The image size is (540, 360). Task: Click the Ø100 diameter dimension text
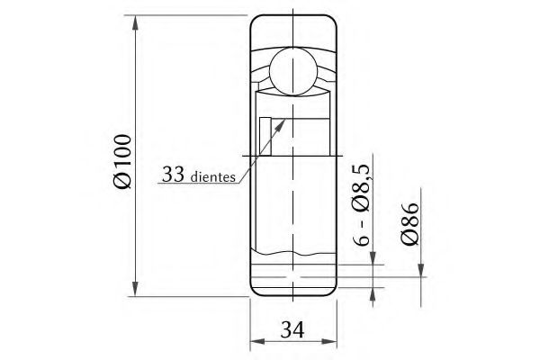123,160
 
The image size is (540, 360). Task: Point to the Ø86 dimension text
409,223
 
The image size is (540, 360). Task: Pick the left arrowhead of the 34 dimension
256,341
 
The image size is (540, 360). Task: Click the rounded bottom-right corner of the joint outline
332,289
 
